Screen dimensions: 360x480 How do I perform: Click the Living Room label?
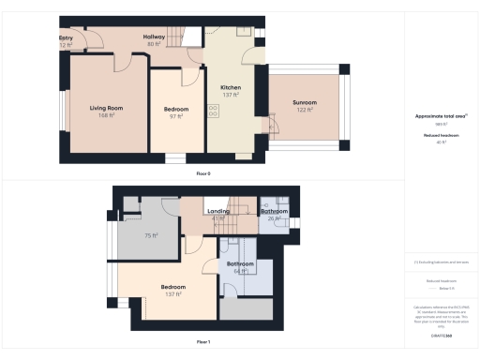click(107, 109)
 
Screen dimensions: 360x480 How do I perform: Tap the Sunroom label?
click(305, 102)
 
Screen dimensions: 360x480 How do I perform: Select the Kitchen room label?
click(231, 86)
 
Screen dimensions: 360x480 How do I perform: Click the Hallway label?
click(154, 38)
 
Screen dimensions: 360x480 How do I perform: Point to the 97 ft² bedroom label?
click(176, 110)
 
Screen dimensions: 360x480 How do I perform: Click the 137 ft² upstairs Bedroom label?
click(172, 287)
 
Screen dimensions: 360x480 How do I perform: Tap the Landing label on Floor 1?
click(218, 212)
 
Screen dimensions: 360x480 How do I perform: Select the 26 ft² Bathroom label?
click(275, 212)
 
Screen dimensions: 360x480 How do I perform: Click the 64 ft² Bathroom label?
click(241, 264)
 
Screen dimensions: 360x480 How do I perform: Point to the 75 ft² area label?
click(150, 235)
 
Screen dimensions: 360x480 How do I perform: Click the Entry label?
click(67, 38)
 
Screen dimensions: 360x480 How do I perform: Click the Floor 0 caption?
click(203, 173)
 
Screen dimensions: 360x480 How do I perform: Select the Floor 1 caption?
click(203, 342)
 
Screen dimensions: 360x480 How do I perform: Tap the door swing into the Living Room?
click(122, 63)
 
